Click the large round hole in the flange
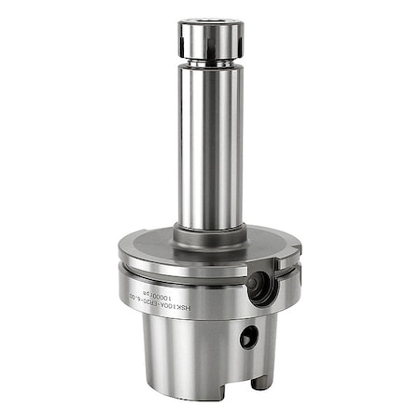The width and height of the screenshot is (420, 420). [x=259, y=285]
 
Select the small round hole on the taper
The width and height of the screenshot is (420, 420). [x=248, y=339]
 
